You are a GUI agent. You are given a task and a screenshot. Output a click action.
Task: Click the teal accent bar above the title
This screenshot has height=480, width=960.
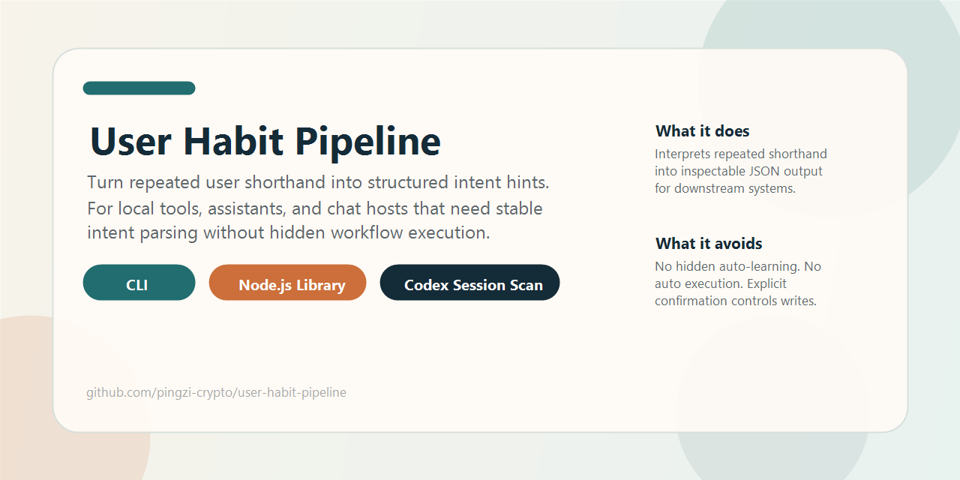tap(139, 88)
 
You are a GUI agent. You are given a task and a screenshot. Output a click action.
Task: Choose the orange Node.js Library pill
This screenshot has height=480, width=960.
tap(287, 283)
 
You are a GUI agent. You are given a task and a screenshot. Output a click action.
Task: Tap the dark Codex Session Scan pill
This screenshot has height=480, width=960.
tap(469, 283)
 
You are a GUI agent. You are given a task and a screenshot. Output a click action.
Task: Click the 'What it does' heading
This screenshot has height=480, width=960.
tap(702, 131)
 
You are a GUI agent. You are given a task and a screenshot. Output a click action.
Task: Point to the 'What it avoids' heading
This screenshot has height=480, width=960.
tap(709, 244)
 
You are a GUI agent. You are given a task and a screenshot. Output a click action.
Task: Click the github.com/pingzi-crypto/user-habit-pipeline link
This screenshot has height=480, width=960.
tap(216, 392)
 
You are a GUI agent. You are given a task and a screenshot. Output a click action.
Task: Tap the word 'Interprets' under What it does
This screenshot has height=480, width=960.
tap(682, 154)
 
